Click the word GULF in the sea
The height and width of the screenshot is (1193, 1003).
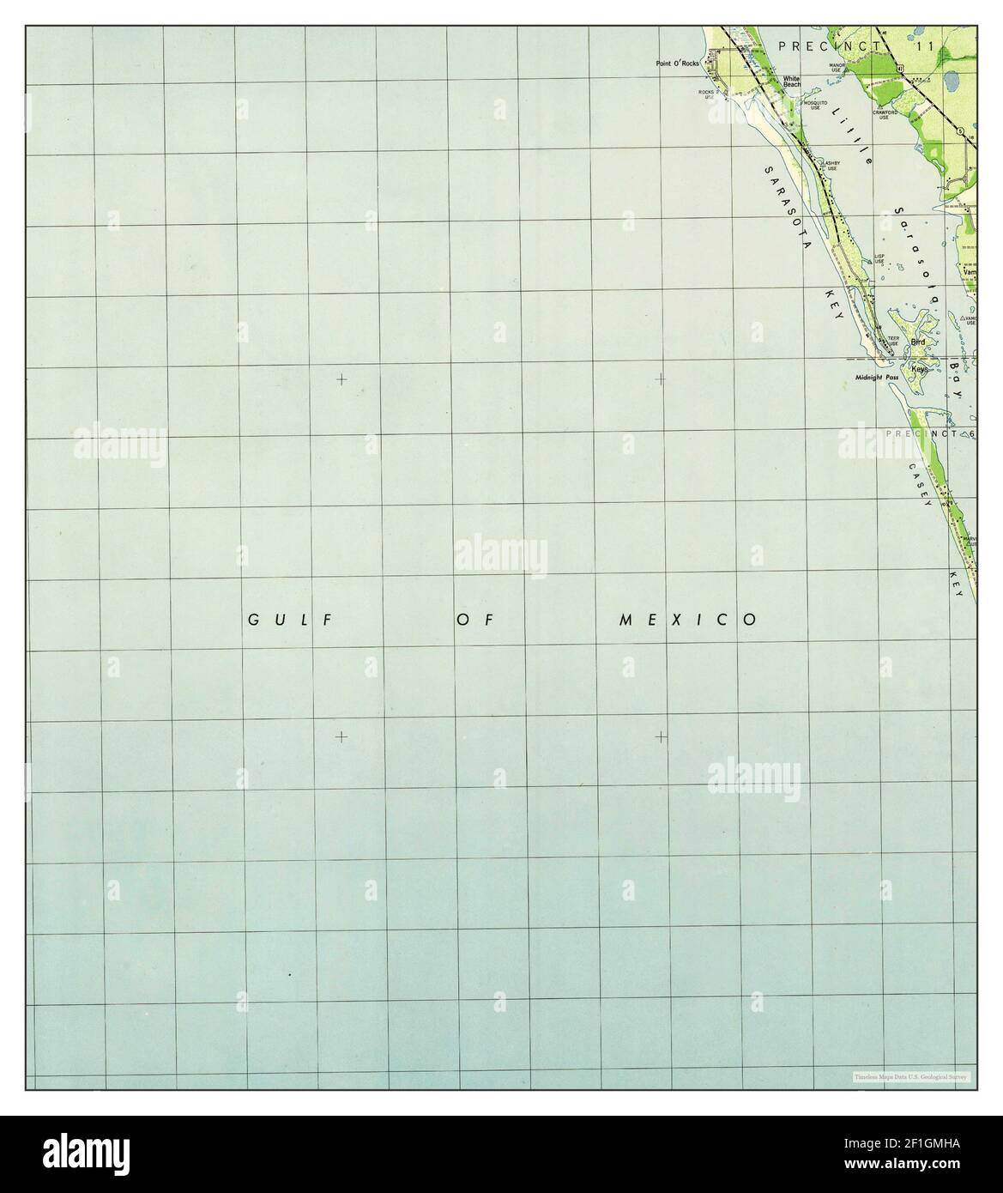pos(291,619)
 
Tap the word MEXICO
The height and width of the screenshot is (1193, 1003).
pos(688,619)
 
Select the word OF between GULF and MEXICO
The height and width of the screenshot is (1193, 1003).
pos(476,619)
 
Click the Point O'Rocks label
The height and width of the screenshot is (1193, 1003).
pos(679,63)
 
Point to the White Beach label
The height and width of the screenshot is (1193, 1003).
pos(791,82)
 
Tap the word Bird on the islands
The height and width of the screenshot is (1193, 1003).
pos(918,342)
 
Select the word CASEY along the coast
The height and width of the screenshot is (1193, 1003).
pos(919,485)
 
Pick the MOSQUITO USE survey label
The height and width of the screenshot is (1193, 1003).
pos(814,106)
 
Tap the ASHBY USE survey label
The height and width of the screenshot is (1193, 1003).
pos(831,165)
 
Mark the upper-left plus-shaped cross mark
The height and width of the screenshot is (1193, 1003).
pos(341,378)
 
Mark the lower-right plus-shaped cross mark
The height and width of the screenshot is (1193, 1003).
pos(661,736)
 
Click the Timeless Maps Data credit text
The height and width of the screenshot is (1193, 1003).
pos(910,1076)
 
